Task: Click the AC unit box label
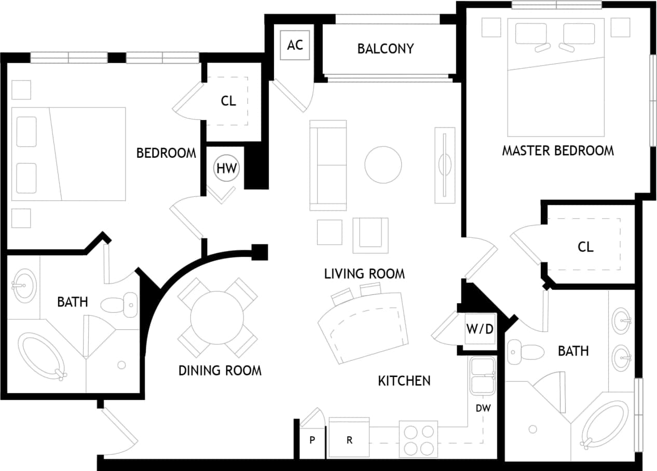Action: tap(295, 45)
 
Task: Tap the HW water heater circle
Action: tap(227, 168)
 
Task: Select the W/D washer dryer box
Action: tap(479, 329)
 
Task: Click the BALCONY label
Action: tap(386, 49)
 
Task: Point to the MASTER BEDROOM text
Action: tap(557, 151)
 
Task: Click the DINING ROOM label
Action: tap(220, 370)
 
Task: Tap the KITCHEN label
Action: tap(404, 381)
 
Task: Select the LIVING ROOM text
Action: tap(364, 274)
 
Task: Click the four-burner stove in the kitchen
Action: tap(419, 440)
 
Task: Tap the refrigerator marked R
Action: tap(350, 440)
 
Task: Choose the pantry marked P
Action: tap(312, 440)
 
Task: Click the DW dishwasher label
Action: tap(483, 408)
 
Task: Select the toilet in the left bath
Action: tap(120, 304)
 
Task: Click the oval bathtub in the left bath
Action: tap(42, 356)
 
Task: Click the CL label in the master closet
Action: tap(585, 247)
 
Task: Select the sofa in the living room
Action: tap(328, 165)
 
